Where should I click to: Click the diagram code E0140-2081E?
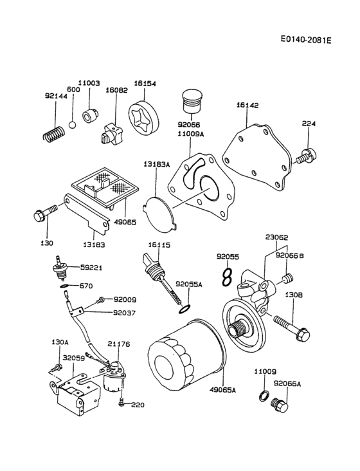[305, 40]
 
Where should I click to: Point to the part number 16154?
[145, 84]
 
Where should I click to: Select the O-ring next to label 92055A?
[183, 310]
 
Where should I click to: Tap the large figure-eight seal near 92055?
[226, 277]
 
